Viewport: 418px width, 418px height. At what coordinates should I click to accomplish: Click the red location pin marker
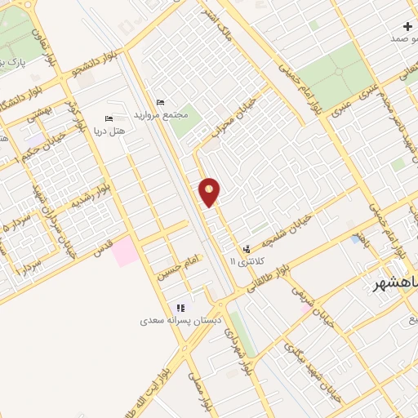(x=210, y=191)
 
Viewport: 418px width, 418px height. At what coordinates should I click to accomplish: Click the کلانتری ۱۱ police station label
(x=242, y=260)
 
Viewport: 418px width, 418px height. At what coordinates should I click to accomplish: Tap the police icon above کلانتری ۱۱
(x=247, y=248)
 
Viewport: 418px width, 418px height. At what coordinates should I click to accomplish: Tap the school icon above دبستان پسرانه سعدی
(x=180, y=308)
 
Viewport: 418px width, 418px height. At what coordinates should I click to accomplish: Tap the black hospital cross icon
(x=407, y=26)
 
